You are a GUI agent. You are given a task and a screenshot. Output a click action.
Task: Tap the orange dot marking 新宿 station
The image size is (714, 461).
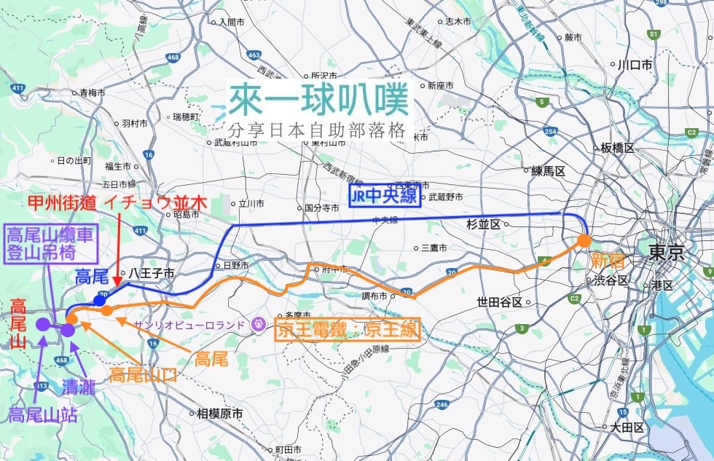tap(584, 240)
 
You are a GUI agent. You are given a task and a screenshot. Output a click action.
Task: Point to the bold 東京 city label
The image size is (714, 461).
tap(666, 253)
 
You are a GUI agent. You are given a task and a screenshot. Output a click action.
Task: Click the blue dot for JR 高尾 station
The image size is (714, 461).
tap(100, 299)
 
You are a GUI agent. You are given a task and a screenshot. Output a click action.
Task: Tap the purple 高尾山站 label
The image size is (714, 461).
tap(42, 415)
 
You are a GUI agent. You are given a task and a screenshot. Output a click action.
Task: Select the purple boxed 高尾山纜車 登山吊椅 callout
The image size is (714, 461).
tap(50, 243)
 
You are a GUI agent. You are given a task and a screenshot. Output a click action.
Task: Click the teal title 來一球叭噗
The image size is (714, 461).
tap(318, 100)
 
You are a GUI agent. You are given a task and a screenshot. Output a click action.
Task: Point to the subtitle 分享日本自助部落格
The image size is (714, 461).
tap(315, 131)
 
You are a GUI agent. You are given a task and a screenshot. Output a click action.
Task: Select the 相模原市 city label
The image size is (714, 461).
tap(219, 414)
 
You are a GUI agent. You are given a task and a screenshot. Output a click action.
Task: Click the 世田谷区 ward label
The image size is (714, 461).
tap(499, 302)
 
